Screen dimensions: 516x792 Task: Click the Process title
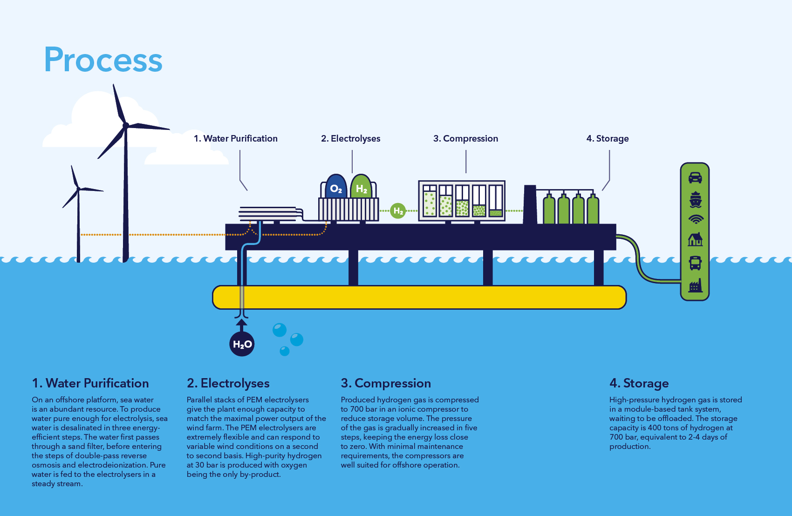pos(103,60)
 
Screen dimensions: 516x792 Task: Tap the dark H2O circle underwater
pos(242,344)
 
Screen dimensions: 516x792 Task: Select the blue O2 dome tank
pos(336,187)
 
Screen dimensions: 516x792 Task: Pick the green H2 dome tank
pos(361,187)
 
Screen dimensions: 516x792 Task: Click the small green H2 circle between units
pos(398,211)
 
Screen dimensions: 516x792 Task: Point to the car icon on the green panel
pos(695,178)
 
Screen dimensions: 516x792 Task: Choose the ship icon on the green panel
pos(695,199)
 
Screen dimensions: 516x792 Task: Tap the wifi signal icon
pos(696,219)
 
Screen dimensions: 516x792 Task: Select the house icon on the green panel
pos(695,239)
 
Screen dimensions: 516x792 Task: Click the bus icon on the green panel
pos(695,263)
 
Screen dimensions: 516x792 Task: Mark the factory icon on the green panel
pos(695,285)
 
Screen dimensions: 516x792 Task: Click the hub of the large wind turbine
pos(126,125)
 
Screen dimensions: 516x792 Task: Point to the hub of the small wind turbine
pos(78,189)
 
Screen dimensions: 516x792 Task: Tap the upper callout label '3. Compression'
pos(465,138)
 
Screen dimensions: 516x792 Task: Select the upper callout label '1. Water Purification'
pos(235,138)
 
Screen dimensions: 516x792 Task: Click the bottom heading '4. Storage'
pos(639,383)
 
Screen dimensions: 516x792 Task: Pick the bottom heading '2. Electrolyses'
pos(228,383)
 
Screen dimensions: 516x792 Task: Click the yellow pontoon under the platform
pos(419,297)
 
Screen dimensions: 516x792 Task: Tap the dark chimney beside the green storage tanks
pos(530,205)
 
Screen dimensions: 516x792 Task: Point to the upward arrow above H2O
pos(241,324)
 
